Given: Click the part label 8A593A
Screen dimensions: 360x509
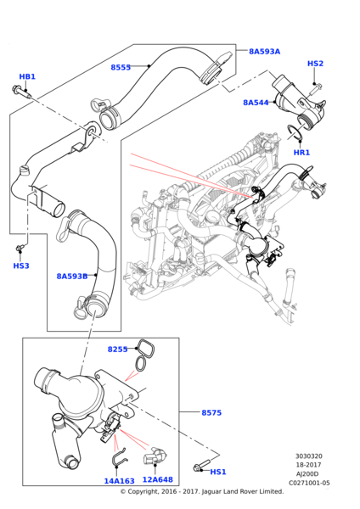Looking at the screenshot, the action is click(264, 51).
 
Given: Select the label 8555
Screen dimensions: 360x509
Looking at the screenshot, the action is click(121, 67).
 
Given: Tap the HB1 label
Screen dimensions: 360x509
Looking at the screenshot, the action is click(27, 76).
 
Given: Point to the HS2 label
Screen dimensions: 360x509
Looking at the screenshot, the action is click(315, 64).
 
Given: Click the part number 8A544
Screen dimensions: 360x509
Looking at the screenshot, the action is click(256, 103).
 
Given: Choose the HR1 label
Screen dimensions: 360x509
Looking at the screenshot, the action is click(301, 152).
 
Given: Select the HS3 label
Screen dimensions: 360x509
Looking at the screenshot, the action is click(21, 266).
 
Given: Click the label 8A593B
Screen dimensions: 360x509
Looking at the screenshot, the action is click(72, 277).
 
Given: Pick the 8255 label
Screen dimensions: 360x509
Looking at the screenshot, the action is click(118, 350).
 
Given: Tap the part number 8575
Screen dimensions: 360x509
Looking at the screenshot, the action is click(211, 412).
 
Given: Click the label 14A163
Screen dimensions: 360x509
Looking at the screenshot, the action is click(119, 481).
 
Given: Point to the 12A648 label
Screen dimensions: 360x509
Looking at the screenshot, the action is click(158, 479).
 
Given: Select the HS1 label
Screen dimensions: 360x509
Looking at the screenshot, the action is click(218, 472).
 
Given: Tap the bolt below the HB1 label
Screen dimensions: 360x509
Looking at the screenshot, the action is click(22, 91).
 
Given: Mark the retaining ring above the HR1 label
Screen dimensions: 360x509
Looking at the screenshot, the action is click(295, 132).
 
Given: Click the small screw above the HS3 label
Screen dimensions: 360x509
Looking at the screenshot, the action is click(20, 249).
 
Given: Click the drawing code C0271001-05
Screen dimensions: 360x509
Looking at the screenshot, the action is click(309, 483).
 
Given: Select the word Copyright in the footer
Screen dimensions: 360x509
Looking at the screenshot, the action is click(142, 491).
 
